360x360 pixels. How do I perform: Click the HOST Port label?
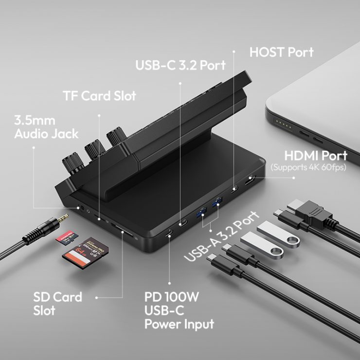(x=281, y=52)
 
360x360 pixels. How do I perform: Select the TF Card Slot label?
(x=99, y=95)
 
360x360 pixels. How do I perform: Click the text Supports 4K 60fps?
(x=308, y=167)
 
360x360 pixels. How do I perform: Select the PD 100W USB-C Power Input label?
(x=179, y=310)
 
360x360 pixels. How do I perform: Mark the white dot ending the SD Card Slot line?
(x=97, y=296)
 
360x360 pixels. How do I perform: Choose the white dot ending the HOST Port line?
(x=234, y=49)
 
